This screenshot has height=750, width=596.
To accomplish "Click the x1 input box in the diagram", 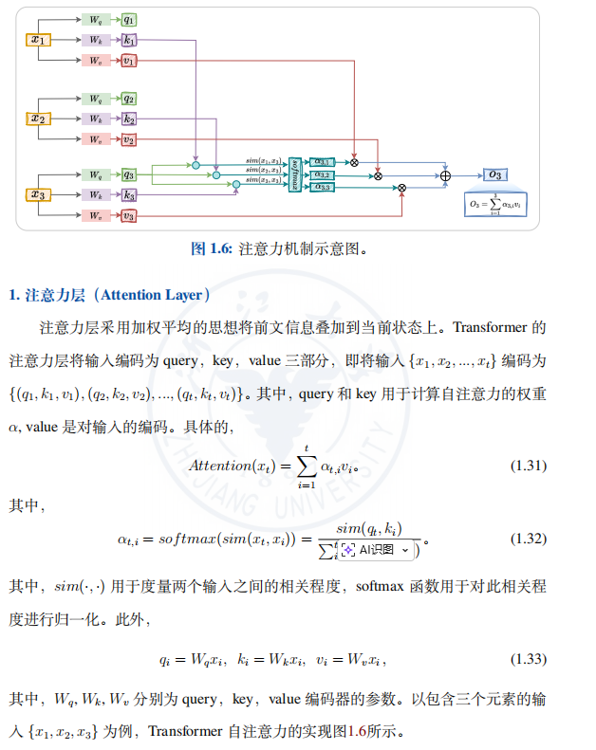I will [38, 40].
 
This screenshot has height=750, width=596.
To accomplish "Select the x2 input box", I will [38, 119].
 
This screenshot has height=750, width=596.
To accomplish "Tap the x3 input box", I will [38, 195].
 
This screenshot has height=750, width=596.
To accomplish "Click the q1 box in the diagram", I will [128, 19].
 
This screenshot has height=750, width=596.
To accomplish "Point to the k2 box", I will [128, 119].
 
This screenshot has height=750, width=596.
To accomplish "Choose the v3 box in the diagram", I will [128, 215].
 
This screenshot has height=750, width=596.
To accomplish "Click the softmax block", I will [295, 174].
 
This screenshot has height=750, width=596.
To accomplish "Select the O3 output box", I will [495, 174].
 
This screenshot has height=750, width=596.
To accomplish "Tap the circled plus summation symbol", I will [445, 175].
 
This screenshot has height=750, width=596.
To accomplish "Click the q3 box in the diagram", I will [128, 175].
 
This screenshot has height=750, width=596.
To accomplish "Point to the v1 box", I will [128, 61].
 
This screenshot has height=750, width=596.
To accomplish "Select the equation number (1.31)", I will [529, 465].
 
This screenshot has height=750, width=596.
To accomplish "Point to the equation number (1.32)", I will [529, 539].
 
